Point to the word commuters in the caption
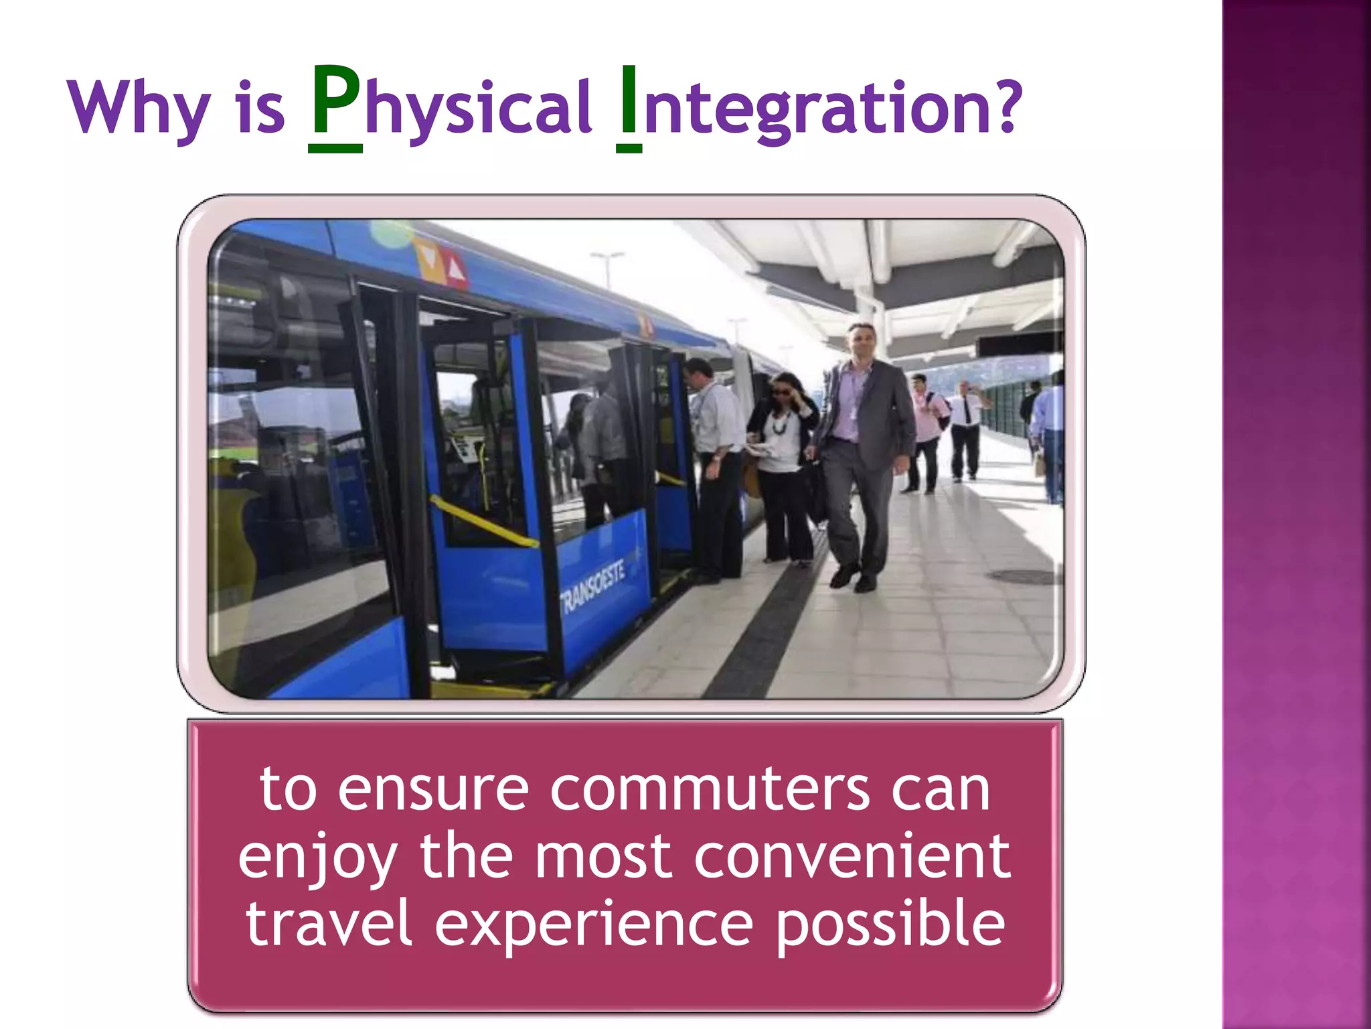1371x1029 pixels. pyautogui.click(x=710, y=791)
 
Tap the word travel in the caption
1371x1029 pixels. pyautogui.click(x=328, y=924)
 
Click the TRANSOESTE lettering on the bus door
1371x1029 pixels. pyautogui.click(x=593, y=586)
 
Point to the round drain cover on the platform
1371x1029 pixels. pyautogui.click(x=1021, y=576)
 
